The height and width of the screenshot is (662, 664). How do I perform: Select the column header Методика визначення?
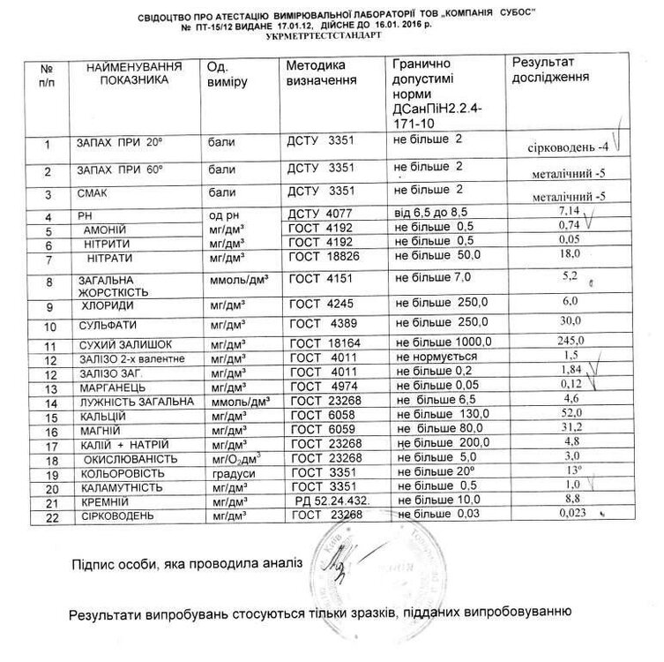tap(321, 73)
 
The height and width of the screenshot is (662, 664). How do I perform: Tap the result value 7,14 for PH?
tap(561, 212)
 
